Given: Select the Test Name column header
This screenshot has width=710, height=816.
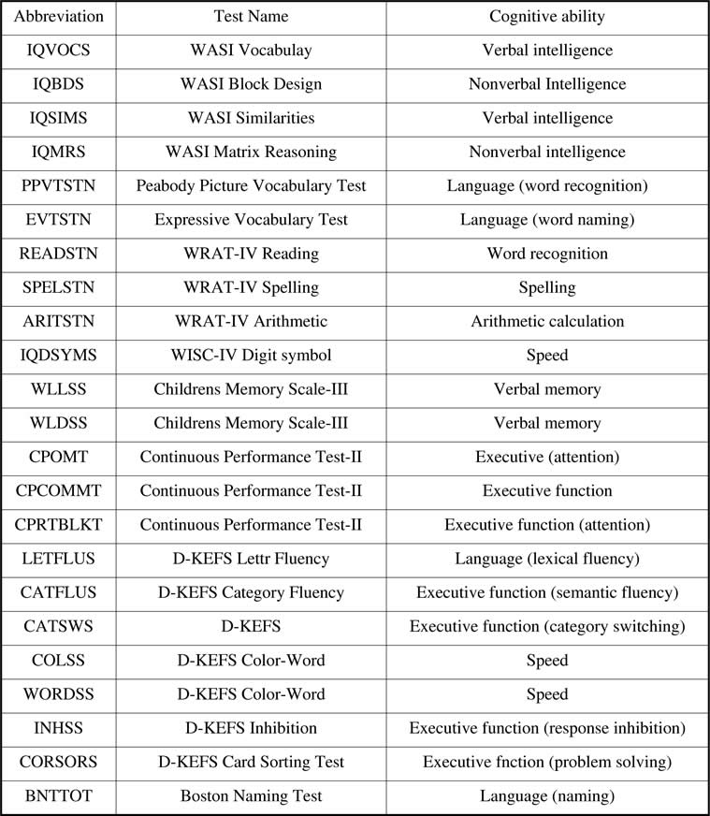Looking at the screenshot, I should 251,17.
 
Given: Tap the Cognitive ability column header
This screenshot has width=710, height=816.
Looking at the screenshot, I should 547,17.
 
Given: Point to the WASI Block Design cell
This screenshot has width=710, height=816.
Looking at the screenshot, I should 251,84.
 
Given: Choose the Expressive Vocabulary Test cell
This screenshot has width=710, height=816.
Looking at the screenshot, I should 251,219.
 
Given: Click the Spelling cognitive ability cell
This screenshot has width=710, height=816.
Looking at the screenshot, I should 547,287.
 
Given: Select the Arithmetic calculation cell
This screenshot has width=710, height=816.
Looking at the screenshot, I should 547,321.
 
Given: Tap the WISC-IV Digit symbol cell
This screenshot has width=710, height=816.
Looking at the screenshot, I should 251,355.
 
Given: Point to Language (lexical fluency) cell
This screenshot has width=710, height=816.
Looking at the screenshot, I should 547,559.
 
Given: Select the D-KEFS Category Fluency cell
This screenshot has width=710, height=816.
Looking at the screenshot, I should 251,592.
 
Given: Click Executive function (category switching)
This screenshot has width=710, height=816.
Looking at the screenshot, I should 547,626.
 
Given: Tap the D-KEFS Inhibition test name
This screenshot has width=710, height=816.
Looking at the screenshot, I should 251,728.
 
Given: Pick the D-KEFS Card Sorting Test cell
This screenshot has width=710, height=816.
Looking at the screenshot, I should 251,762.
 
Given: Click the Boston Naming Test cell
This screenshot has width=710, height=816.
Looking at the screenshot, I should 251,796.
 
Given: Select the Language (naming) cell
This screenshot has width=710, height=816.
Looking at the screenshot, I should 547,796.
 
